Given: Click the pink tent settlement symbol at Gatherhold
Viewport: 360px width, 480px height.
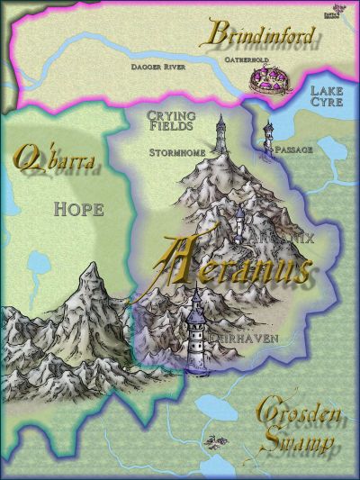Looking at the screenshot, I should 268,82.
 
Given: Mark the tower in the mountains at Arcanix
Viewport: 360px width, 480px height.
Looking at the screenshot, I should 238,219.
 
